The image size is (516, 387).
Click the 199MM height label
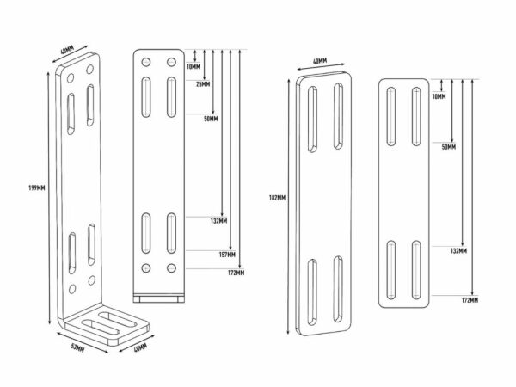(37, 187)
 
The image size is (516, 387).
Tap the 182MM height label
(277, 198)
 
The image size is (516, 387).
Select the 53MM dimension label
(77, 347)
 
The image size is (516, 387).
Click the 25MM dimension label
(203, 84)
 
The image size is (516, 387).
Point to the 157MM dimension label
(227, 255)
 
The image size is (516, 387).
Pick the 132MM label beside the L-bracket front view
(218, 221)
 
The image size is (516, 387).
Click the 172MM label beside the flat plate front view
(470, 300)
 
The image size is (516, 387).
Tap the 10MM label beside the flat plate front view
(439, 96)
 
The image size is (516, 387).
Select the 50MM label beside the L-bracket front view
(211, 119)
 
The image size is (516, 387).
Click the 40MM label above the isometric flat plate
(320, 61)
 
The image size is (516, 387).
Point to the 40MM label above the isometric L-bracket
(67, 50)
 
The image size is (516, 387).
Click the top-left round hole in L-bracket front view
(146, 62)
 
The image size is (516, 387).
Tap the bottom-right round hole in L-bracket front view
(171, 267)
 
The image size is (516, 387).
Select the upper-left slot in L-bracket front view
(146, 97)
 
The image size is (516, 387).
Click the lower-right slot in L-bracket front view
(171, 233)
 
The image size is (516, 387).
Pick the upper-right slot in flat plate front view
(416, 116)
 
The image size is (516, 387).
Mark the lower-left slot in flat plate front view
(391, 270)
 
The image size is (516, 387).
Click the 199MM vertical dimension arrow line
(49, 198)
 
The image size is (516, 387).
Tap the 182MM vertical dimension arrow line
(289, 206)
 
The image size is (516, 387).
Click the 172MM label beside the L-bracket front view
(236, 273)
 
